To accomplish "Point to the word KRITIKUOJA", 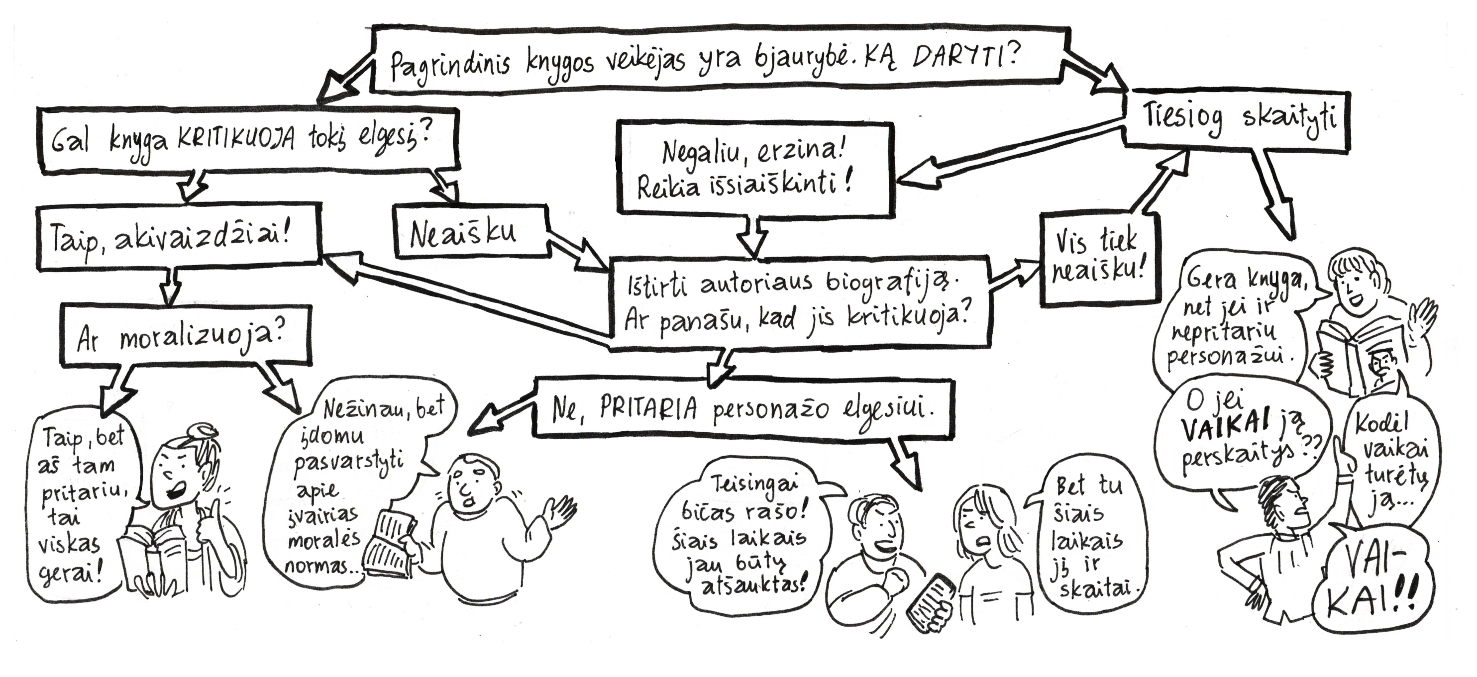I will tap(236, 139).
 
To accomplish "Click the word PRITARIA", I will tap(648, 408).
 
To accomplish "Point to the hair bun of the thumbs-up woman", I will tap(202, 431).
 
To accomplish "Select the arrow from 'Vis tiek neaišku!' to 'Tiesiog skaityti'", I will tap(1158, 184).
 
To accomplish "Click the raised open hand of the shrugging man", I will tap(559, 510).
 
